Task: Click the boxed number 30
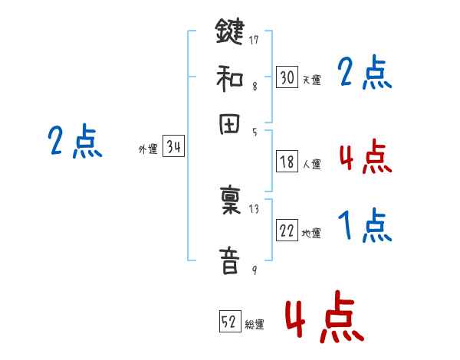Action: click(287, 77)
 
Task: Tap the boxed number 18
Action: click(287, 161)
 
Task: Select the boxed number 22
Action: click(287, 231)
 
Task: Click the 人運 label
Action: click(311, 164)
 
